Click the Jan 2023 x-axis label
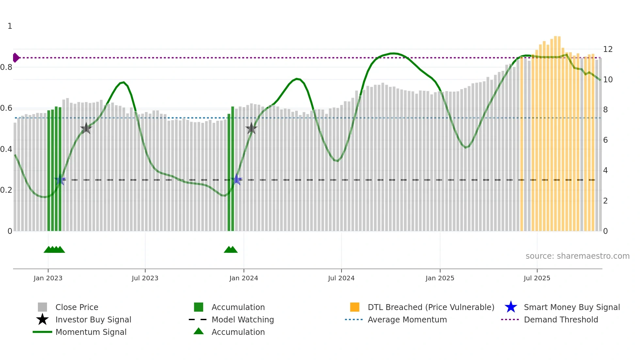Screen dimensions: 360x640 (x=48, y=278)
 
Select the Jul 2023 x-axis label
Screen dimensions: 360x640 (x=145, y=278)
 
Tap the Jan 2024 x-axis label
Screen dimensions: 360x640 (x=244, y=278)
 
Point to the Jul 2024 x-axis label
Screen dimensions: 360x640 (x=341, y=278)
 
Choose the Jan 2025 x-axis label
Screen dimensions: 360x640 (x=440, y=278)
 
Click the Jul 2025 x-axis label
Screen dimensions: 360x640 (x=537, y=278)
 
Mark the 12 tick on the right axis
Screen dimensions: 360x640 (x=608, y=49)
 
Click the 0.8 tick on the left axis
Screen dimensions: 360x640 (x=7, y=67)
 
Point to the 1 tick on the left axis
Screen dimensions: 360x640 (x=10, y=26)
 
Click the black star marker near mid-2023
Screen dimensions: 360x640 (x=86, y=128)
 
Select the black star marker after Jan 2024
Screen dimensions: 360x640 (x=251, y=128)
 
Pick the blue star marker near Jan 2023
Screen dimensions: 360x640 (x=60, y=180)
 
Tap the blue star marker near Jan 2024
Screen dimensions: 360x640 (x=237, y=180)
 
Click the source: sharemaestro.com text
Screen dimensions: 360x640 (x=577, y=256)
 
